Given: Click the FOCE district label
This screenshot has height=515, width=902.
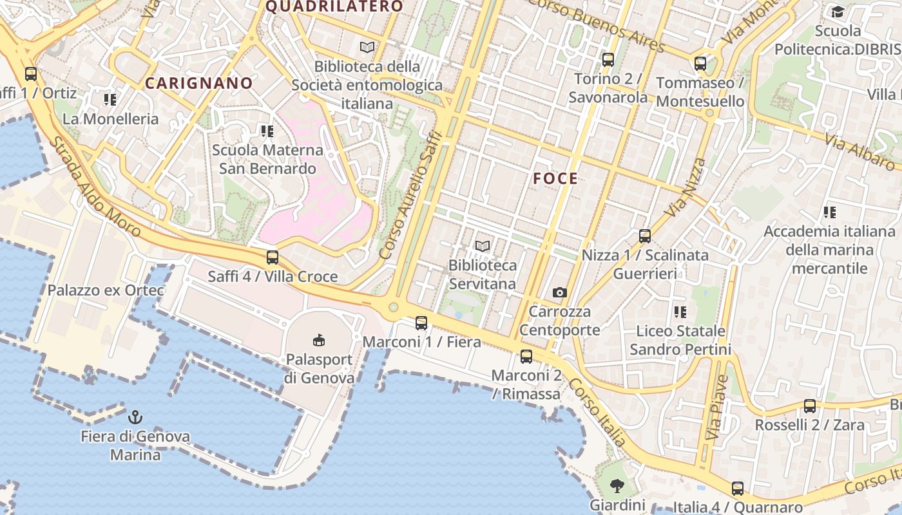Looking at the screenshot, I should click(x=555, y=179).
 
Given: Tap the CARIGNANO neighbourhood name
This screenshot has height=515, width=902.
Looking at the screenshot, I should click(x=198, y=83).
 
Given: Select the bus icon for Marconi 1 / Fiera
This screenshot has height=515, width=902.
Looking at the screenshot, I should click(x=421, y=323).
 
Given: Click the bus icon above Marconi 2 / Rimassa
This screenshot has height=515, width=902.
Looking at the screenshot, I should click(x=526, y=357).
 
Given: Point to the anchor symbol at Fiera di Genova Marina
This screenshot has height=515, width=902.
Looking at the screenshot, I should click(x=135, y=417).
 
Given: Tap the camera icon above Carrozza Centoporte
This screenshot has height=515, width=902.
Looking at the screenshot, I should click(x=560, y=293).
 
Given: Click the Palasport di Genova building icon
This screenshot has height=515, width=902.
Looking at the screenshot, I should click(x=318, y=340).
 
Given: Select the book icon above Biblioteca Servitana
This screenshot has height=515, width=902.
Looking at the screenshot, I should click(x=482, y=246).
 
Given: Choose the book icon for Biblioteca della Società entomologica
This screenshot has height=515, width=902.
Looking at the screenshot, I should click(x=367, y=48).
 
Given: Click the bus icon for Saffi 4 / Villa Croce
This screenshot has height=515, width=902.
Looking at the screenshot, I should click(x=273, y=257).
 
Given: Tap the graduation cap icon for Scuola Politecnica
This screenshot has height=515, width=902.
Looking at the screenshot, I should click(x=838, y=12).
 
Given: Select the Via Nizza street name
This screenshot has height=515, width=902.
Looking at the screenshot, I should click(x=686, y=187).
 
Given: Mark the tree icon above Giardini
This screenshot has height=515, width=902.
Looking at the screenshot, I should click(x=617, y=486).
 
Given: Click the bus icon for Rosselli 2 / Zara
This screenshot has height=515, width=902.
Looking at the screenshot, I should click(x=810, y=406).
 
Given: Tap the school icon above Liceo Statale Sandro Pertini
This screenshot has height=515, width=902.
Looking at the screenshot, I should click(x=680, y=312).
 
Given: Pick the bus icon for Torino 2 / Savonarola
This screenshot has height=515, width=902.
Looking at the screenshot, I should click(x=608, y=60).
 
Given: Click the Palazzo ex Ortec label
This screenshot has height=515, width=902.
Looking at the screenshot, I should click(x=106, y=290).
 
